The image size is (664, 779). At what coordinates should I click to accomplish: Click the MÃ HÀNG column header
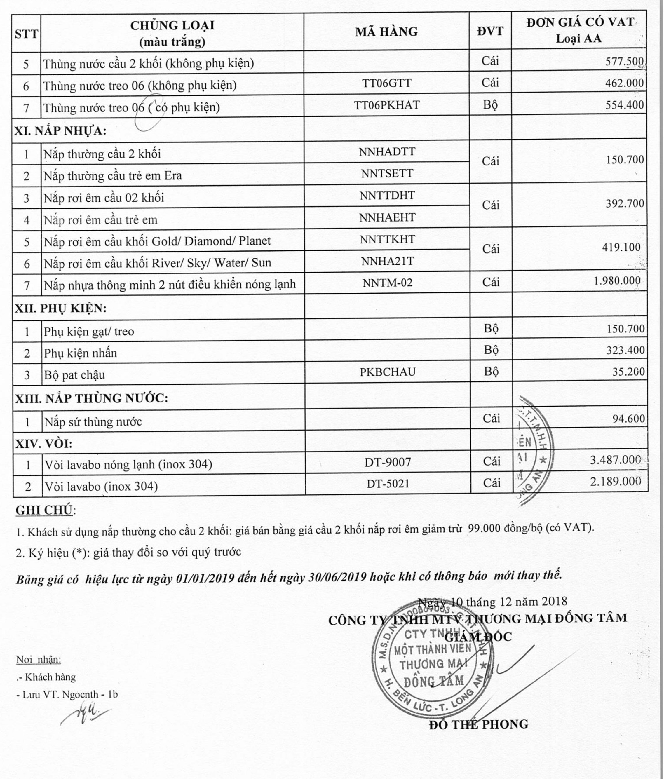point(386,32)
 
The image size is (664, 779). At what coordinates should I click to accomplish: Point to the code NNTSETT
point(387,173)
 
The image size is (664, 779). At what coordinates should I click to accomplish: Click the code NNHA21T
point(387,261)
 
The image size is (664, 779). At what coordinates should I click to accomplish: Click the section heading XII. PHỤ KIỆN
point(60,308)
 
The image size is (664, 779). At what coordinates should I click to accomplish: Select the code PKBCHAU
point(387,372)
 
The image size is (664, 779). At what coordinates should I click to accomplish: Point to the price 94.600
point(628,419)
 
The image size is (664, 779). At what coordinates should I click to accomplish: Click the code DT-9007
point(387,462)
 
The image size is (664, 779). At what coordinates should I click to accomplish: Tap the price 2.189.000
point(615,482)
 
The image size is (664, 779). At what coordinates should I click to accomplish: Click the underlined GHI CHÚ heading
point(44,510)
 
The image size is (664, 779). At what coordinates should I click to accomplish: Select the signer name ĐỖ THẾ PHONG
point(478,724)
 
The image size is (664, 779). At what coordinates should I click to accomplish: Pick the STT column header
point(26,34)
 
